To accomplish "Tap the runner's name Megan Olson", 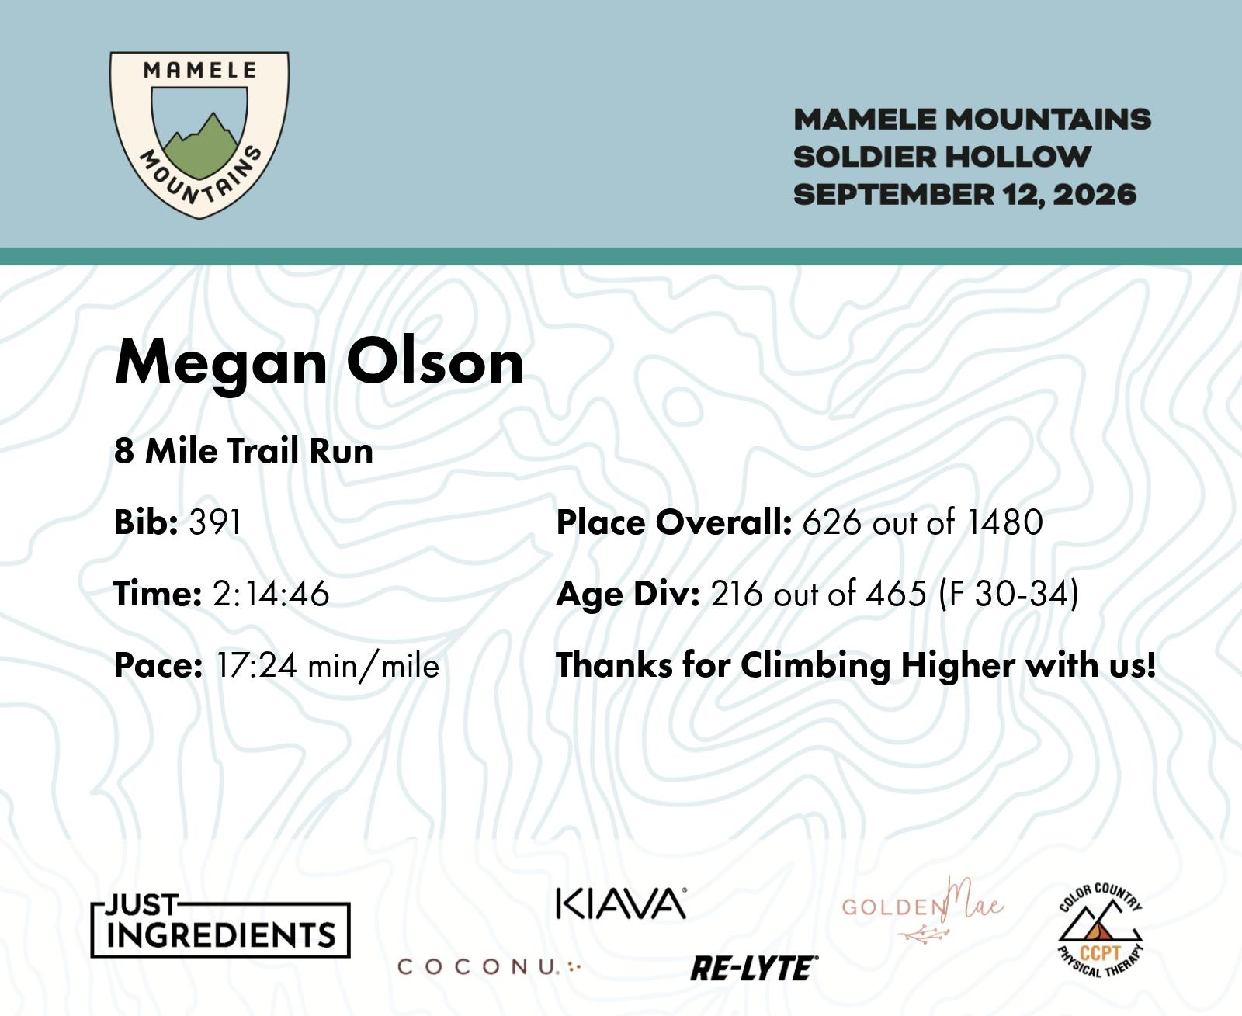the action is click(319, 362).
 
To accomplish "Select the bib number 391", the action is click(215, 522).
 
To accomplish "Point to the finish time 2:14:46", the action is click(271, 594).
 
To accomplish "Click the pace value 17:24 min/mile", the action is click(328, 666).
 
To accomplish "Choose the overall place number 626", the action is click(831, 522).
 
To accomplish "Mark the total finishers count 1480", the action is click(1004, 522).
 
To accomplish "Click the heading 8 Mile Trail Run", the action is click(244, 451).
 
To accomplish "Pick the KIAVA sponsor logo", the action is click(621, 903).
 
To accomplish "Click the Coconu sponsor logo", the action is click(489, 967).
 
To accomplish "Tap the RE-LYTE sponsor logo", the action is click(755, 969).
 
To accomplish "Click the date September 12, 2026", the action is click(965, 195).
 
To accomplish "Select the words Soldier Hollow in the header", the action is click(942, 158).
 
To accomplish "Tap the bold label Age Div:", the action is click(628, 595).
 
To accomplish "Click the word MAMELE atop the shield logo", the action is click(199, 71).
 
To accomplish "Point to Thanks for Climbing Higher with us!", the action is click(856, 666).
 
